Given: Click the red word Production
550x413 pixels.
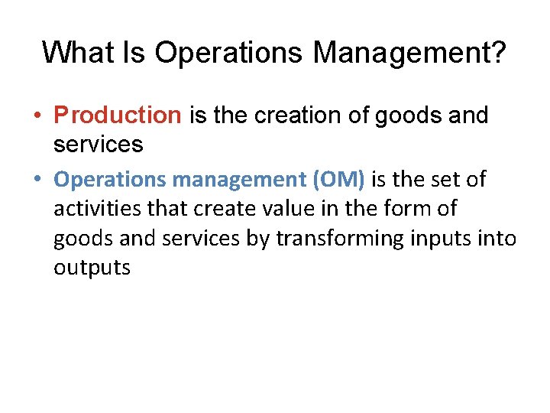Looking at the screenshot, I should point(117,115).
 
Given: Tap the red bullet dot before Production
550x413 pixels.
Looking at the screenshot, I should point(37,116).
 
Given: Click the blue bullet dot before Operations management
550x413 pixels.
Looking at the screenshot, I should point(37,180).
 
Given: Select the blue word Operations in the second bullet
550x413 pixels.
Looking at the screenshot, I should point(111,180).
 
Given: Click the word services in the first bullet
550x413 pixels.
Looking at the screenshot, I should point(98,144).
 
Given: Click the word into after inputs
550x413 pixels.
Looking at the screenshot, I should point(499,239).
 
